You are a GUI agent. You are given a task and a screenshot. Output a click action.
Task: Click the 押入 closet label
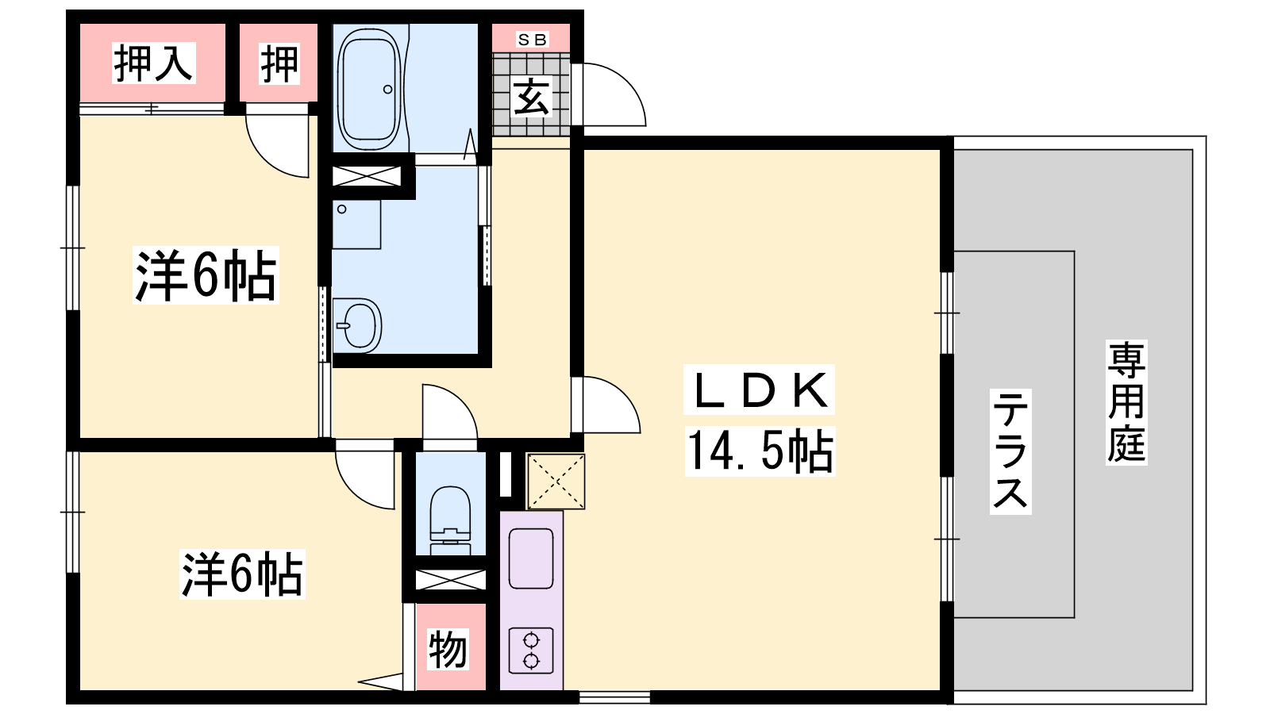[x=154, y=63]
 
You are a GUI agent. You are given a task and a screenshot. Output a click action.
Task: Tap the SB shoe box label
[x=532, y=40]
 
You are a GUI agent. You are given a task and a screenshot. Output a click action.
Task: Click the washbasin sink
[x=357, y=326]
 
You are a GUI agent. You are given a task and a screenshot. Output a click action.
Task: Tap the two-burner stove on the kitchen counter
[x=531, y=651]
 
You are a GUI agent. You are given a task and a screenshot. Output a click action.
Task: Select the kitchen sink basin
[x=531, y=559]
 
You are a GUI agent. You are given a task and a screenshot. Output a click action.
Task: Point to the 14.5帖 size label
[x=760, y=451]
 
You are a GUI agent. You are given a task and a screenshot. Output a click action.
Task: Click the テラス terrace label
[x=1010, y=451]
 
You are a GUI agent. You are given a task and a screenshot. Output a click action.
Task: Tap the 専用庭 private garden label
[x=1126, y=402]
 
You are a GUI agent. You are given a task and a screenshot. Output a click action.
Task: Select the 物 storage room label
[x=448, y=650]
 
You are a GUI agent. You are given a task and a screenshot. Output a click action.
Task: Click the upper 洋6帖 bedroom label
[x=206, y=275]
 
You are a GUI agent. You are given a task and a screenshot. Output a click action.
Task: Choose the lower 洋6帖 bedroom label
[x=242, y=574]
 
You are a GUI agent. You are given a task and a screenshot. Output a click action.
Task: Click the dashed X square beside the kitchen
[x=556, y=481]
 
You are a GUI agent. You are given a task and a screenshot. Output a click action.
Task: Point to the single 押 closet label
[x=279, y=63]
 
